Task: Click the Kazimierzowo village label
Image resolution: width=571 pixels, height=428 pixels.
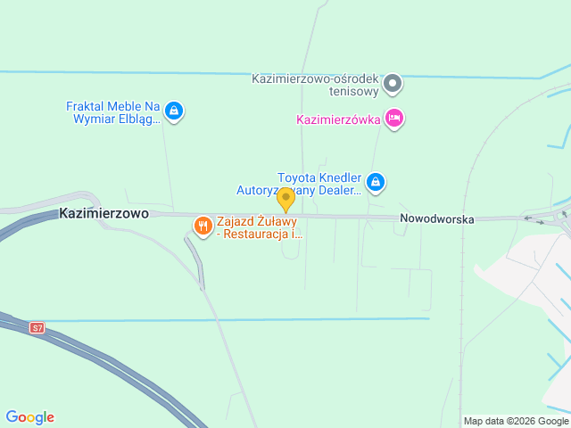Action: click(103, 214)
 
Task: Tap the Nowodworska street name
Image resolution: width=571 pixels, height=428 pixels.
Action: click(436, 218)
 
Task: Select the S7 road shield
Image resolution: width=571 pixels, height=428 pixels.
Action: click(37, 328)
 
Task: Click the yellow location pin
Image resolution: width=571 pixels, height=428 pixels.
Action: click(285, 199)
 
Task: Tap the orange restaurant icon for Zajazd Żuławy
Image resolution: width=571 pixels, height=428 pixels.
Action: click(203, 226)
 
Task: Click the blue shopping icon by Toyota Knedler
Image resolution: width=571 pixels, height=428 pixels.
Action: click(376, 182)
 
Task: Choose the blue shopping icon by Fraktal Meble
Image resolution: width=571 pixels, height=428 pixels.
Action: click(175, 111)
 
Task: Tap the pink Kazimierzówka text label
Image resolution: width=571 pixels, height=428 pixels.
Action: click(339, 119)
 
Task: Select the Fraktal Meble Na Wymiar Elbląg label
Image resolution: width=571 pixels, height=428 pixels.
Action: click(112, 111)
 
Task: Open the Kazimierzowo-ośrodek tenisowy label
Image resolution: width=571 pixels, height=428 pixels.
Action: click(327, 83)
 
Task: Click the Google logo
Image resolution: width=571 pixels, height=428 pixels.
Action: click(29, 417)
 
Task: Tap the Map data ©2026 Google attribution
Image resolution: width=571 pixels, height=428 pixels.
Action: click(516, 421)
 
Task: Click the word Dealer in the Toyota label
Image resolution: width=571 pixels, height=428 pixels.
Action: click(340, 189)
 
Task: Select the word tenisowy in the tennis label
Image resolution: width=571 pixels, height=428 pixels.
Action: click(355, 90)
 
